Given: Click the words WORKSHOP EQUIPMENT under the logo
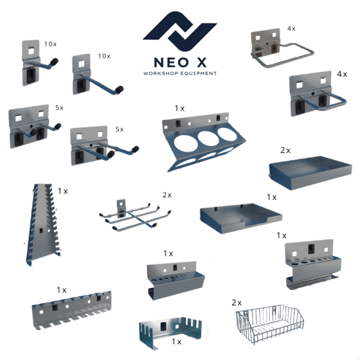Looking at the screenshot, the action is click(x=180, y=73).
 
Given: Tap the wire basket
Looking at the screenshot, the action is click(x=270, y=324).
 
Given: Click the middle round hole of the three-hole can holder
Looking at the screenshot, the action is click(x=208, y=138).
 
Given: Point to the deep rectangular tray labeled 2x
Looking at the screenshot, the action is click(x=310, y=172).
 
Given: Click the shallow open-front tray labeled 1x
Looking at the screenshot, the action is click(x=241, y=218).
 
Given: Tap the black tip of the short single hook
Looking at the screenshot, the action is click(x=54, y=62).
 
